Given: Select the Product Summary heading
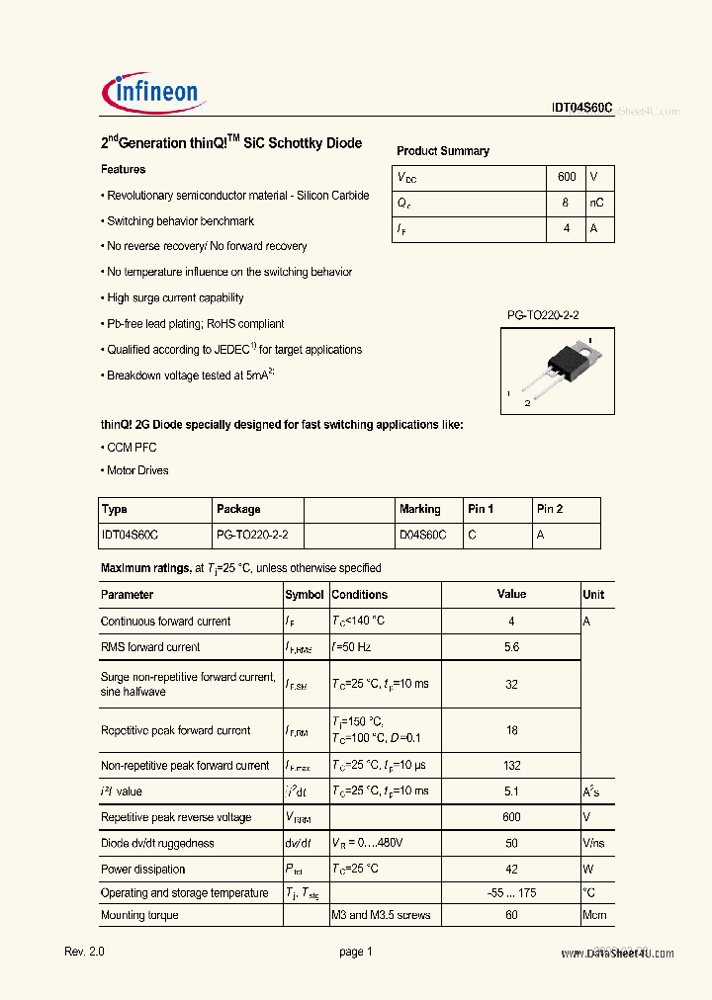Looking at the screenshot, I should click(442, 151).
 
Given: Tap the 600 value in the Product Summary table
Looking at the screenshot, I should click(566, 177).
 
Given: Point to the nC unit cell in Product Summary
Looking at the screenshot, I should click(596, 203).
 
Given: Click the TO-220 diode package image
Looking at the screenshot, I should click(557, 370).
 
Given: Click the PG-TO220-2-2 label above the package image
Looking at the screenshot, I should click(543, 315).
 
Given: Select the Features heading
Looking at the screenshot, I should click(123, 170).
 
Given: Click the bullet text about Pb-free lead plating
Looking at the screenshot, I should click(195, 324).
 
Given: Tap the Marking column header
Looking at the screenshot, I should click(419, 510).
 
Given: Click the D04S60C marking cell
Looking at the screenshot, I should click(422, 535).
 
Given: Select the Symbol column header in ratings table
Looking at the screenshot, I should click(305, 595).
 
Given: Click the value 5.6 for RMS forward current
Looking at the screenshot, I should click(511, 647).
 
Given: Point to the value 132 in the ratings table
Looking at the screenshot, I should click(511, 766).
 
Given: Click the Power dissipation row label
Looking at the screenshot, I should click(143, 870).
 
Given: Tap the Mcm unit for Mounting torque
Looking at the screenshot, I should click(593, 916).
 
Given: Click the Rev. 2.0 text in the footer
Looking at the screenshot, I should click(84, 952).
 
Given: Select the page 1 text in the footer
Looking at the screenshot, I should click(355, 952).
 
